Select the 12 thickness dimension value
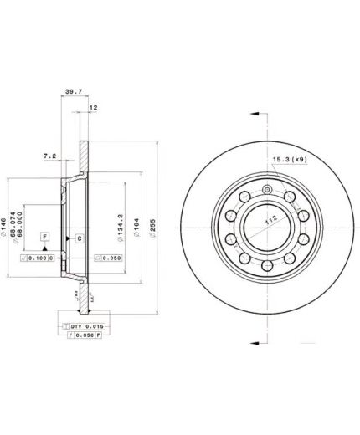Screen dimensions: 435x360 coord(94,108)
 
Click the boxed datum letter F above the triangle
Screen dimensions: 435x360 coord(44,238)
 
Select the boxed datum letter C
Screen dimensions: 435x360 coord(79,238)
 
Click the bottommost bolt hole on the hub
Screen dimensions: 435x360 coord(265,268)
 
